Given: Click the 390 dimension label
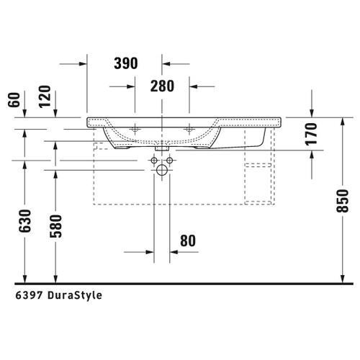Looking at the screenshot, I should coord(125,63).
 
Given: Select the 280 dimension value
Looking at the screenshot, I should coord(163,87).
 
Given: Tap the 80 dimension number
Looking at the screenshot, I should coord(188,240).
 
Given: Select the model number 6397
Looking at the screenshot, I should coord(25,295).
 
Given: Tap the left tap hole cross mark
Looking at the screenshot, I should coord(135,130).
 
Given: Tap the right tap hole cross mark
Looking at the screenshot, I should coord(190,130).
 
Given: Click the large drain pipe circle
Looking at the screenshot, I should coord(162,171).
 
